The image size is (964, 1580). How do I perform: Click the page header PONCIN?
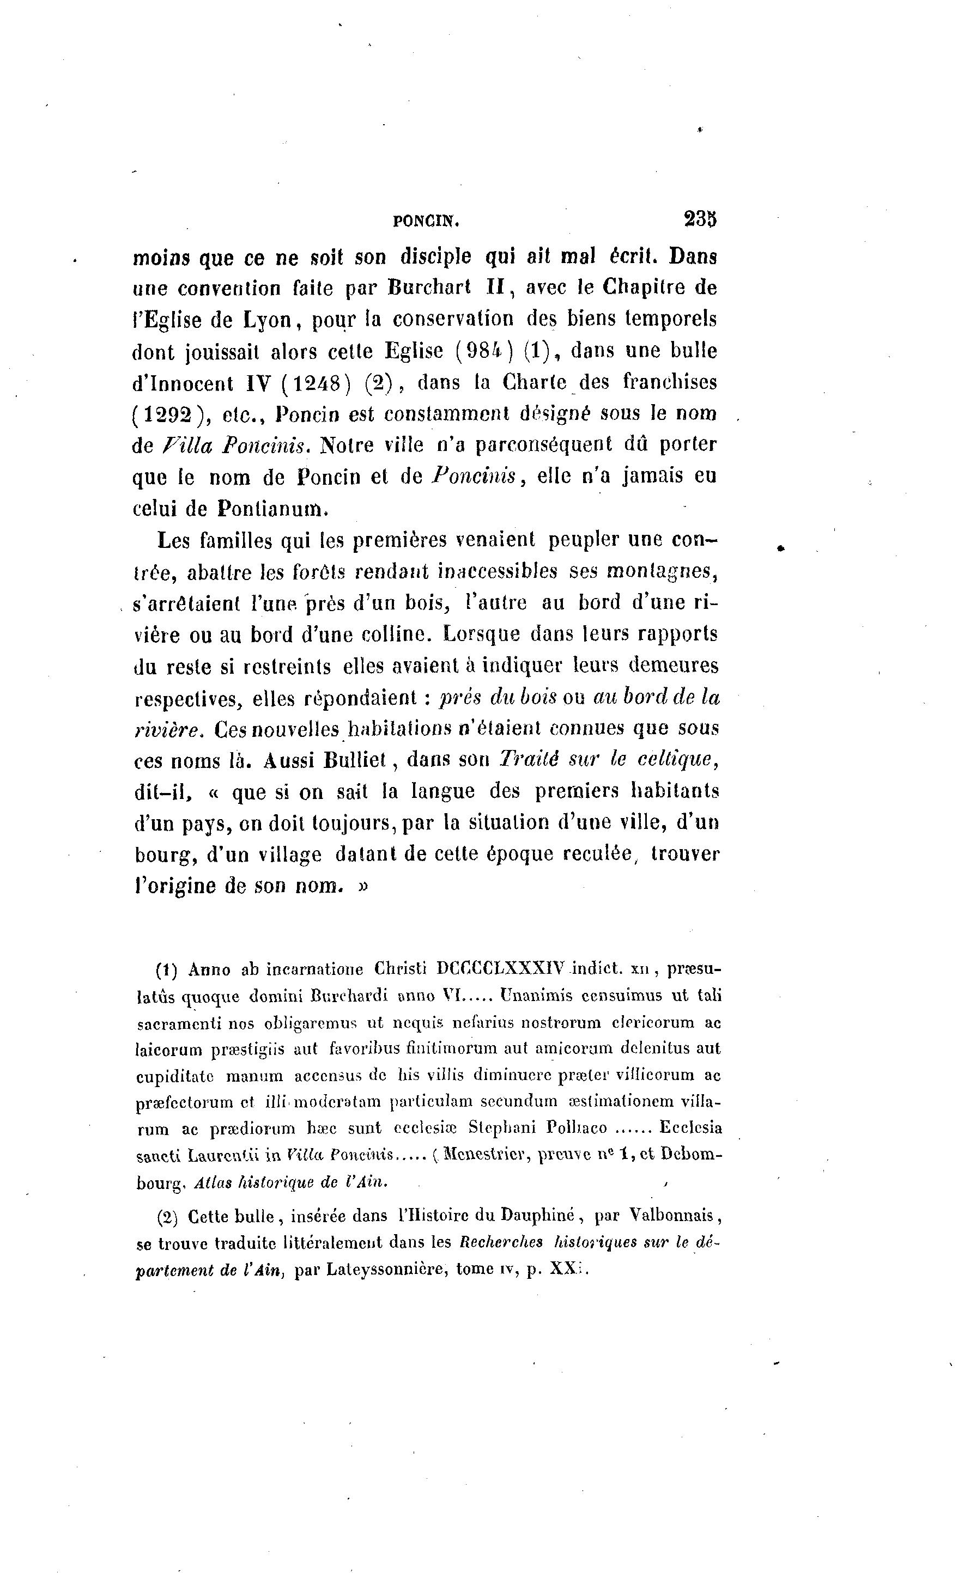click(x=427, y=221)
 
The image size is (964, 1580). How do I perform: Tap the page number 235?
click(x=700, y=219)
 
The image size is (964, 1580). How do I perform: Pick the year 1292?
click(x=167, y=414)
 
